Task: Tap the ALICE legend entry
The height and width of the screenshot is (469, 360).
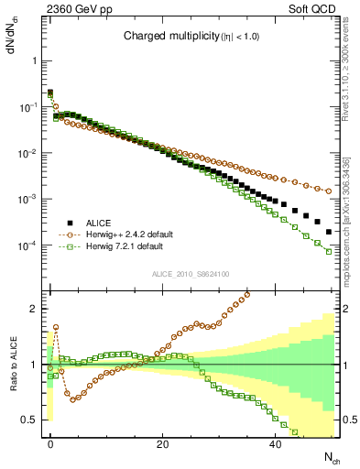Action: (x=101, y=223)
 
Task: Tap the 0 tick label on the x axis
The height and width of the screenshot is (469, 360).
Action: (x=50, y=442)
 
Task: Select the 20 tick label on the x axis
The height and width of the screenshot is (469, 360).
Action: (x=162, y=442)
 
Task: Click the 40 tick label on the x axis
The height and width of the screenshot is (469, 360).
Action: (x=275, y=442)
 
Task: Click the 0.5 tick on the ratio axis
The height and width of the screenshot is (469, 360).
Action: (x=30, y=420)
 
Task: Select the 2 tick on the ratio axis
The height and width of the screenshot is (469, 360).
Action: (x=35, y=309)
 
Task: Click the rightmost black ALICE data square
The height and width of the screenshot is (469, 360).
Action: (x=328, y=233)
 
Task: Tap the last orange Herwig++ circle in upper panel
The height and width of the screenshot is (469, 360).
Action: (x=328, y=191)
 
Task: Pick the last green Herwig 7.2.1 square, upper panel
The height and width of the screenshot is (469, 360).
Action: (x=328, y=251)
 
